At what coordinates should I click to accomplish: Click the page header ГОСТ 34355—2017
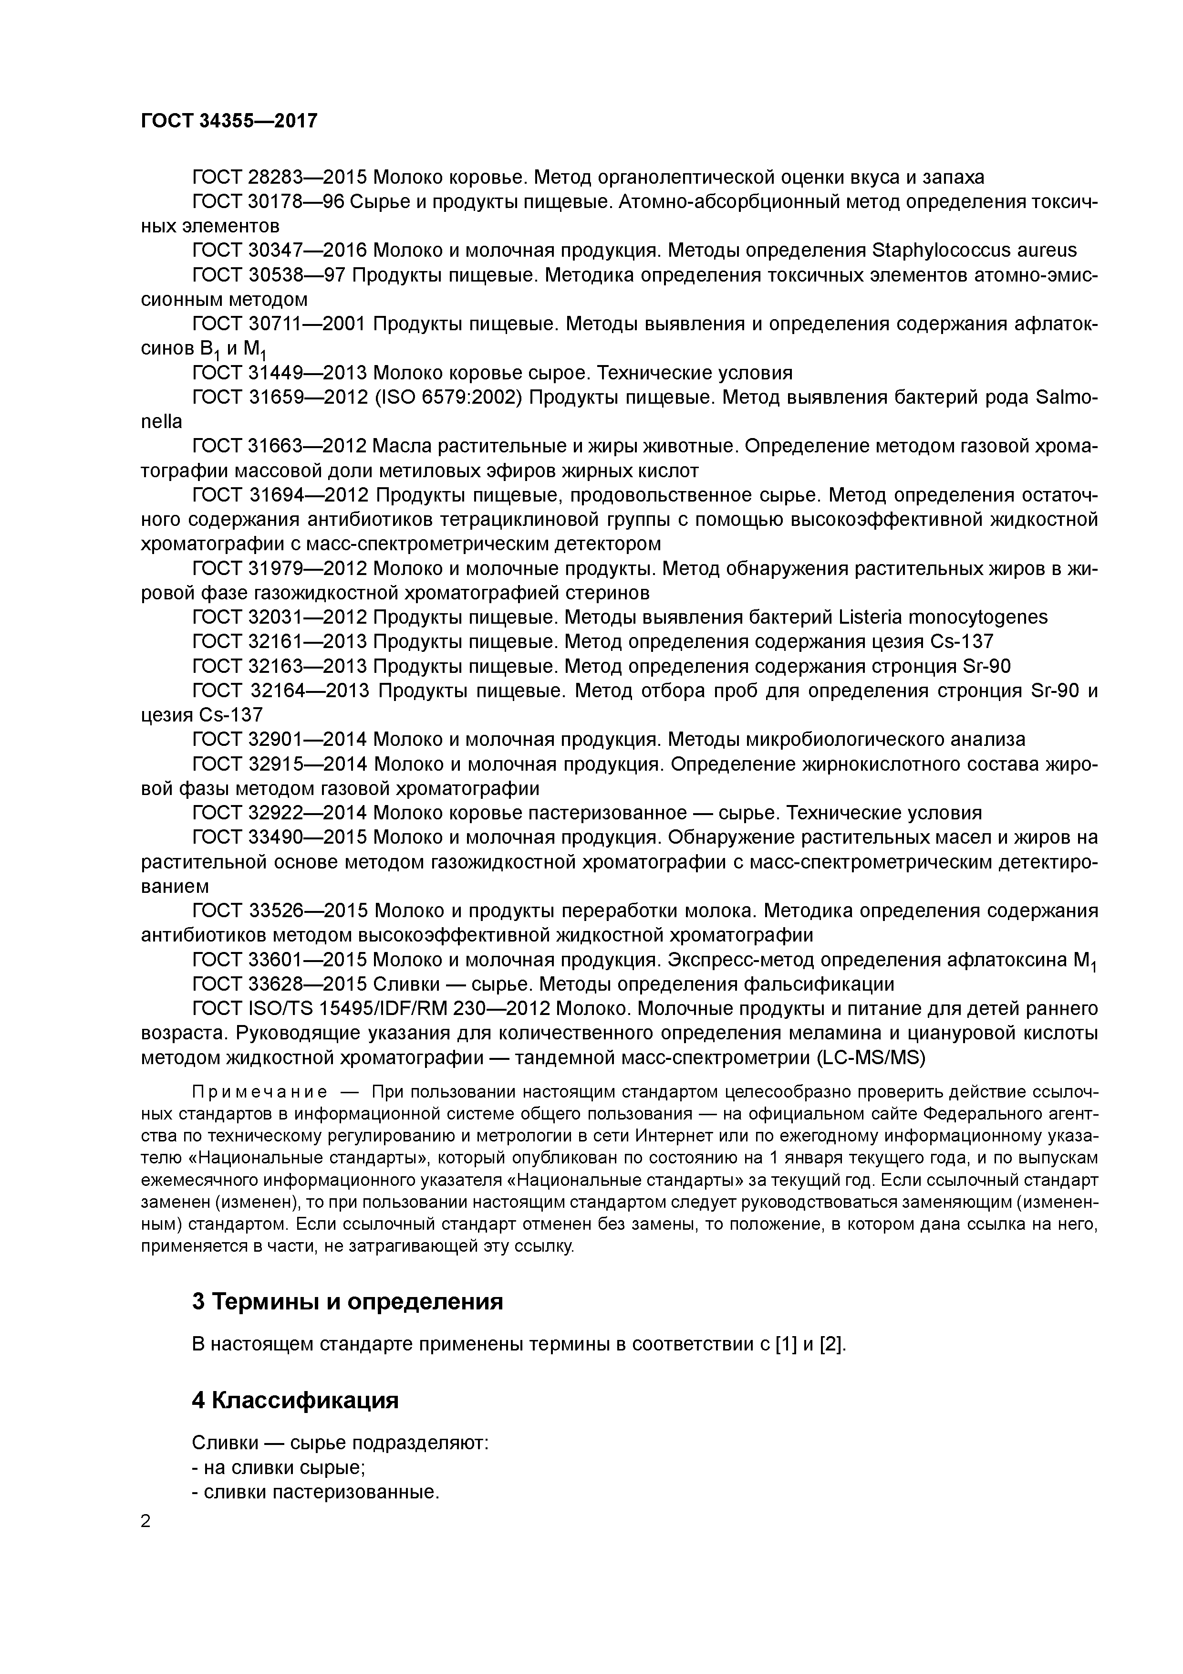pos(229,120)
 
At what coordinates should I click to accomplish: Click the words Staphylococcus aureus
pos(974,251)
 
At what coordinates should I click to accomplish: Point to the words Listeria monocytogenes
pos(943,617)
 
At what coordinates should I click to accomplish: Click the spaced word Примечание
pos(259,1092)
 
